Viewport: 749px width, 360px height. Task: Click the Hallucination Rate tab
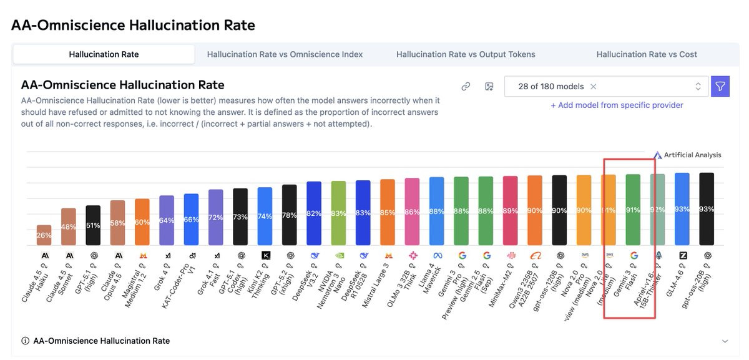(x=104, y=54)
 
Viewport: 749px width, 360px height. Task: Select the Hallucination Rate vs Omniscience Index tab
(x=285, y=54)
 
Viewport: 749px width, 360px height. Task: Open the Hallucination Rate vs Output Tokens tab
(x=466, y=54)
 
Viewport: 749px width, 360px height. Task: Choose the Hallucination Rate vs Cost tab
(x=647, y=54)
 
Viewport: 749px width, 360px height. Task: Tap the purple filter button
(x=720, y=86)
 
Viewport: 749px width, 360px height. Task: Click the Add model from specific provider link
(x=617, y=105)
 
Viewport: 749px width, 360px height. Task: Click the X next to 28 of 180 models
(x=594, y=87)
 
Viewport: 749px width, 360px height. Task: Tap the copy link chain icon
(x=466, y=87)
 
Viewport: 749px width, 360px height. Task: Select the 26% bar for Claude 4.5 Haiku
(x=44, y=235)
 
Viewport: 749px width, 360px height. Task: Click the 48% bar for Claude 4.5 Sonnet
(x=69, y=226)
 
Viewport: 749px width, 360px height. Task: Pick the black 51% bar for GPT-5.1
(x=93, y=225)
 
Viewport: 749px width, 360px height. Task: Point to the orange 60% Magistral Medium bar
(x=142, y=221)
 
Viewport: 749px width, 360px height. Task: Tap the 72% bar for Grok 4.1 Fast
(x=215, y=217)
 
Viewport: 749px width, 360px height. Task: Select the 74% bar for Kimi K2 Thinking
(x=265, y=216)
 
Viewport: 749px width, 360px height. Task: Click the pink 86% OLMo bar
(x=412, y=212)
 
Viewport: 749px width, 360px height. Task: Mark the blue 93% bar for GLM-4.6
(x=682, y=209)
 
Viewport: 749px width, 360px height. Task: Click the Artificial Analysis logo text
(x=692, y=155)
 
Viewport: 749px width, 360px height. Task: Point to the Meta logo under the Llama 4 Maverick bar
(x=437, y=255)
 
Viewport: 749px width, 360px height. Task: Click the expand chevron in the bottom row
(x=725, y=341)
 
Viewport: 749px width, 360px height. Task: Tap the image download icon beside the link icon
(x=489, y=87)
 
